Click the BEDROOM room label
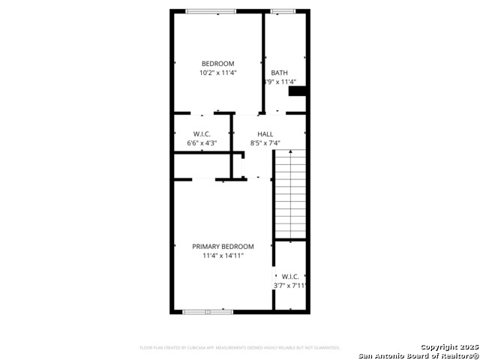pyautogui.click(x=217, y=64)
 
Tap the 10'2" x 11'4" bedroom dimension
pyautogui.click(x=217, y=73)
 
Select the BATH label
pyautogui.click(x=279, y=73)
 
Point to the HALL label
pyautogui.click(x=265, y=133)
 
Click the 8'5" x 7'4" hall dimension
pyautogui.click(x=265, y=142)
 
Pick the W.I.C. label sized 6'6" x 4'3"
pyautogui.click(x=202, y=133)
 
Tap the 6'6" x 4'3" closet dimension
pyautogui.click(x=202, y=142)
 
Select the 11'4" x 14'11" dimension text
pyautogui.click(x=223, y=256)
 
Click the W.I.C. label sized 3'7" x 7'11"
pyautogui.click(x=290, y=277)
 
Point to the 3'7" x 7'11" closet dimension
pyautogui.click(x=290, y=286)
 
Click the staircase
pyautogui.click(x=290, y=193)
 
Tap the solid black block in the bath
pyautogui.click(x=298, y=91)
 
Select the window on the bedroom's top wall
pyautogui.click(x=211, y=11)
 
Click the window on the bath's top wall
pyautogui.click(x=283, y=11)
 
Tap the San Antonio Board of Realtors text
pyautogui.click(x=418, y=355)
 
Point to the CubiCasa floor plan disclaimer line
pyautogui.click(x=240, y=348)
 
